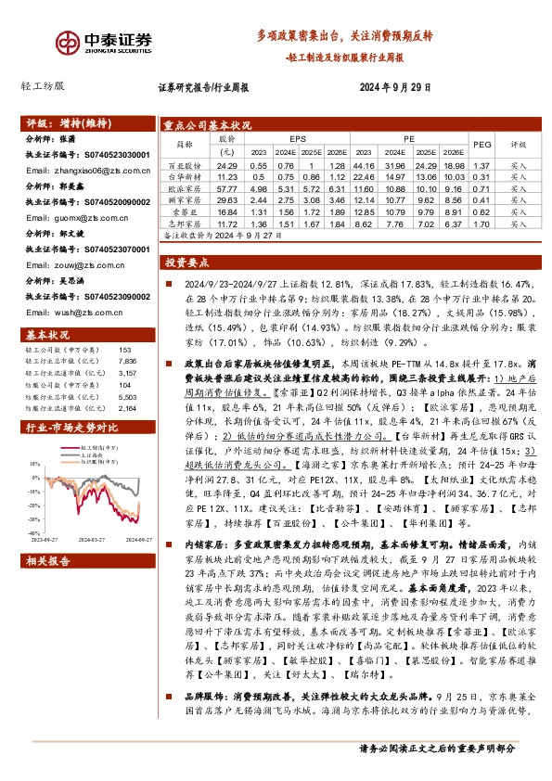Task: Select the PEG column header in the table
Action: coord(481,144)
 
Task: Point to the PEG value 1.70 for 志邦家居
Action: coord(481,224)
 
